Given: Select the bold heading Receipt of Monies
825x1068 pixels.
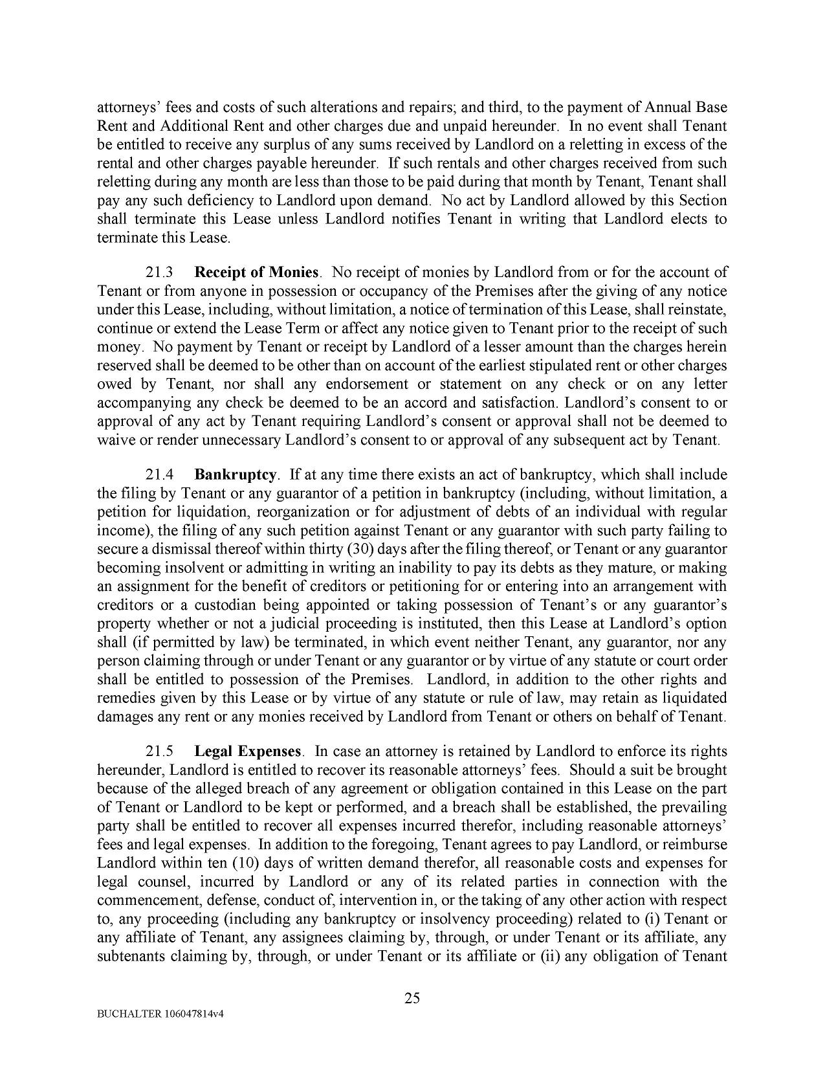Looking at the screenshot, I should [256, 273].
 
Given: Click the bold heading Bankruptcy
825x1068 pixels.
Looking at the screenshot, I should [236, 474].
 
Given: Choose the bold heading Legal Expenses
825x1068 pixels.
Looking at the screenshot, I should [248, 751].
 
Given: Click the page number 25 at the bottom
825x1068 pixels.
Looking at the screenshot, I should [412, 997].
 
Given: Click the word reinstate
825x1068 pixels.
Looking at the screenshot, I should [698, 309].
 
